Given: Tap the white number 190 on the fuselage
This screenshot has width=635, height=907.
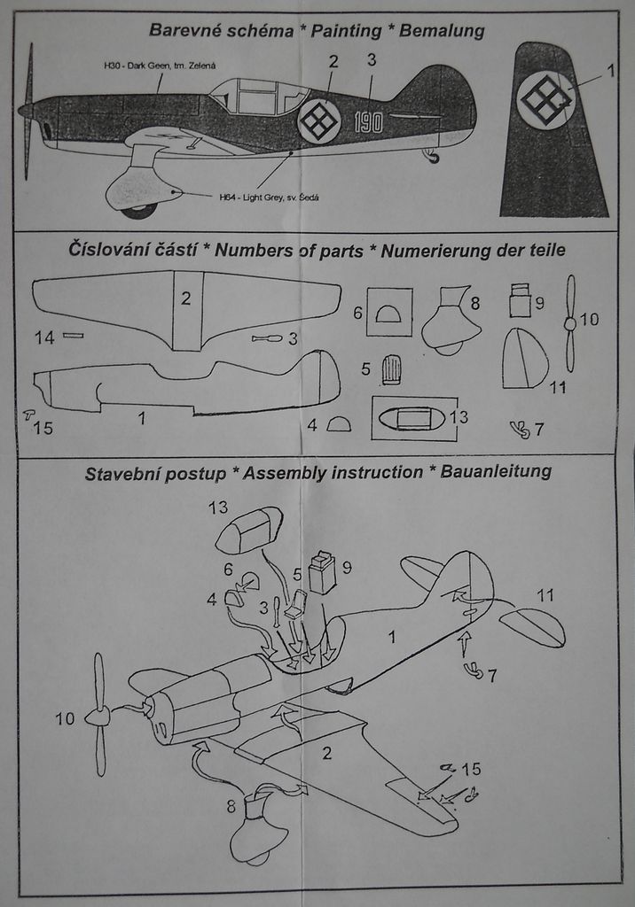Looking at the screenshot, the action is coord(368,122).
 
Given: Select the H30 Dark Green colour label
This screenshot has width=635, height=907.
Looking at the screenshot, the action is coord(160,66).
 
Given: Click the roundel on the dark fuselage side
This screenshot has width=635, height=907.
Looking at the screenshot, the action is coord(319,120).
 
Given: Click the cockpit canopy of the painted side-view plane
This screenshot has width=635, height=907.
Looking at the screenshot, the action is coord(257,96).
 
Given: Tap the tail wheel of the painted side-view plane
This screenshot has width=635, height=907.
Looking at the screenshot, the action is coord(432,157).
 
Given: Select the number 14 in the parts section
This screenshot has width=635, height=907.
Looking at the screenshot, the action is coord(44,337).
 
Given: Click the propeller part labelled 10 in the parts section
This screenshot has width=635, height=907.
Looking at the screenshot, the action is coord(569,323).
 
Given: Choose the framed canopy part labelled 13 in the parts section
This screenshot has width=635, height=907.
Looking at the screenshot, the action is coord(413,418).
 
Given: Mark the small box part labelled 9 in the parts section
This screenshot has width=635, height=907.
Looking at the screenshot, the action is coord(520,302).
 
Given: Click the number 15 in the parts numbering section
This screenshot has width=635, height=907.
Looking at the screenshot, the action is coord(43,429).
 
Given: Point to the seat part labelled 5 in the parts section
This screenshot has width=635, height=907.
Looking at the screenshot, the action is coord(390,369).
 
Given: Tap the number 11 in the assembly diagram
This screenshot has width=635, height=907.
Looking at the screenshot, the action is coord(545,595).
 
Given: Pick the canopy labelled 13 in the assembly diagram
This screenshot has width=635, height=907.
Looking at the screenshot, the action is coord(249,531).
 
